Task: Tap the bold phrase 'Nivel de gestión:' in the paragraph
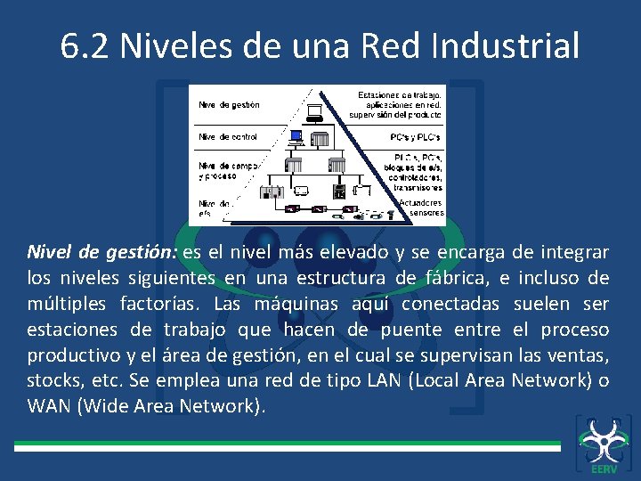pos(101,252)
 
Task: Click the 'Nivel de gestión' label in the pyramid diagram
pos(229,105)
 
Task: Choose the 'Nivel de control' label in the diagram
pos(228,137)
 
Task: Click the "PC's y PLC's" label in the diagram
pos(415,137)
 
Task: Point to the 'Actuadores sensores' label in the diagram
pos(420,207)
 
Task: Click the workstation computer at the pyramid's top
pos(313,112)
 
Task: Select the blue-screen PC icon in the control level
pos(296,136)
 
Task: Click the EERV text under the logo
pos(602,468)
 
